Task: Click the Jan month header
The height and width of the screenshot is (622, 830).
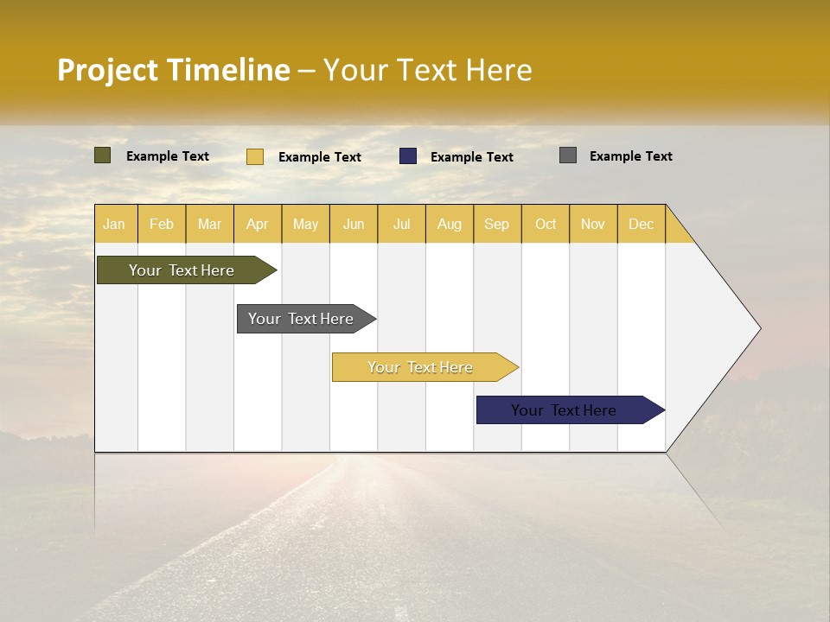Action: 115,224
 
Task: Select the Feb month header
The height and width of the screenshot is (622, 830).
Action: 162,224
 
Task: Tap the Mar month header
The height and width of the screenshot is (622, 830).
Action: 209,224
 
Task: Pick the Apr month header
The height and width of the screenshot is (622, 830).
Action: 258,224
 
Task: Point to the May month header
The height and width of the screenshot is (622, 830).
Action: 305,224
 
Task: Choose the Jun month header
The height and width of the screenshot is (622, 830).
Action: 354,224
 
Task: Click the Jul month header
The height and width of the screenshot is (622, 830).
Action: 401,224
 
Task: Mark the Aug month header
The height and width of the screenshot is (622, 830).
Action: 450,224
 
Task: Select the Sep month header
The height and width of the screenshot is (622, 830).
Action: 497,224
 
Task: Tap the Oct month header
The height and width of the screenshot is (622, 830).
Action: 546,224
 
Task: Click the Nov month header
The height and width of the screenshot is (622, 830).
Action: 593,224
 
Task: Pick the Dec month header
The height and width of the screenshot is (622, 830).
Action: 641,224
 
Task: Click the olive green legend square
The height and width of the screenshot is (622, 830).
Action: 103,155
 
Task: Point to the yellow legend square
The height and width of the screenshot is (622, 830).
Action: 255,156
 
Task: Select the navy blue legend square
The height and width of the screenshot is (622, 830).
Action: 408,156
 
